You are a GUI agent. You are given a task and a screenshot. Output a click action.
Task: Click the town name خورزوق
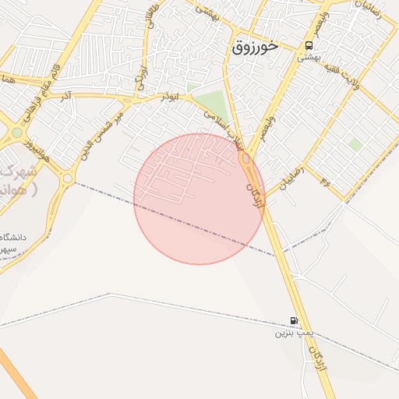pos(255,47)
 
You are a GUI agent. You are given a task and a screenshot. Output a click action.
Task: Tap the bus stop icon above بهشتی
pos(309,45)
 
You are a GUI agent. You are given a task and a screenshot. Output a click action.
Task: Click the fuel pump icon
pos(294,320)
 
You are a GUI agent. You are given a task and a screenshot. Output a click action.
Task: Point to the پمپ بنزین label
pos(293,333)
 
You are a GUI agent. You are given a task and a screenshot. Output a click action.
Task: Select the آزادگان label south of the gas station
pos(316,358)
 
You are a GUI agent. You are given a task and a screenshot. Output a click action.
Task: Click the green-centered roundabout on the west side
pos(17,132)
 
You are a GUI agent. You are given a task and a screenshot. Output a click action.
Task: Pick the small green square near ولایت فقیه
pos(355,144)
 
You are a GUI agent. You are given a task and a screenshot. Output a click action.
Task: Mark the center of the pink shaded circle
pos(199,199)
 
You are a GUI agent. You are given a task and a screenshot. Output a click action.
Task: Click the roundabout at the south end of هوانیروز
pos(67,178)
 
